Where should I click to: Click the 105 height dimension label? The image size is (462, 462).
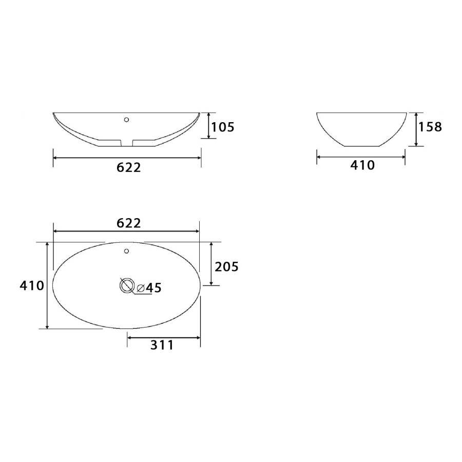point(223,127)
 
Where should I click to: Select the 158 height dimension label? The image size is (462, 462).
point(430,127)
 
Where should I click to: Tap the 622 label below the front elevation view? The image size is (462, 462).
point(129,167)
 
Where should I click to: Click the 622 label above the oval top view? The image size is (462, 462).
point(129,223)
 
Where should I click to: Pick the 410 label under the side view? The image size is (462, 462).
point(362,165)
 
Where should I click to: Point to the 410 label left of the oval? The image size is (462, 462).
point(32,285)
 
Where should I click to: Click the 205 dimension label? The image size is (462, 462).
point(226,266)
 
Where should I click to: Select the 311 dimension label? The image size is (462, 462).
point(162,345)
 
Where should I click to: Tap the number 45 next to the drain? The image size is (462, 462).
point(154,288)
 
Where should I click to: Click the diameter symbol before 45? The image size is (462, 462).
point(141,288)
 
